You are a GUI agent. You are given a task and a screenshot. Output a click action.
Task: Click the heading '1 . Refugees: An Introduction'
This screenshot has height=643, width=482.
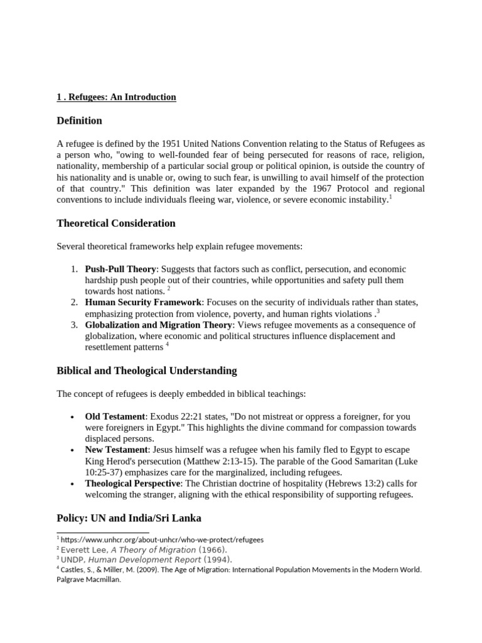[116, 97]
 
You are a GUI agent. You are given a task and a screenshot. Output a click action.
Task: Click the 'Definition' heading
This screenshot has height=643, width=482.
[79, 121]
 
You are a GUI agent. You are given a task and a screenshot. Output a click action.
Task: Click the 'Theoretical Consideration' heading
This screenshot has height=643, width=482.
[116, 224]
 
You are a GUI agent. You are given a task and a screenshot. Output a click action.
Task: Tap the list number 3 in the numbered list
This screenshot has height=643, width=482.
[73, 325]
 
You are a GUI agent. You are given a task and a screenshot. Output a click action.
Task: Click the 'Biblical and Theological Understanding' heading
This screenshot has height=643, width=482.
[147, 370]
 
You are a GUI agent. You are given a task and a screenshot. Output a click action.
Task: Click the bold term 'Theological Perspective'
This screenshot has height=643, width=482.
[132, 484]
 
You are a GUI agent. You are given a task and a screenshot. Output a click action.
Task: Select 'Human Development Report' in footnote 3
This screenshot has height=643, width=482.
[149, 559]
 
